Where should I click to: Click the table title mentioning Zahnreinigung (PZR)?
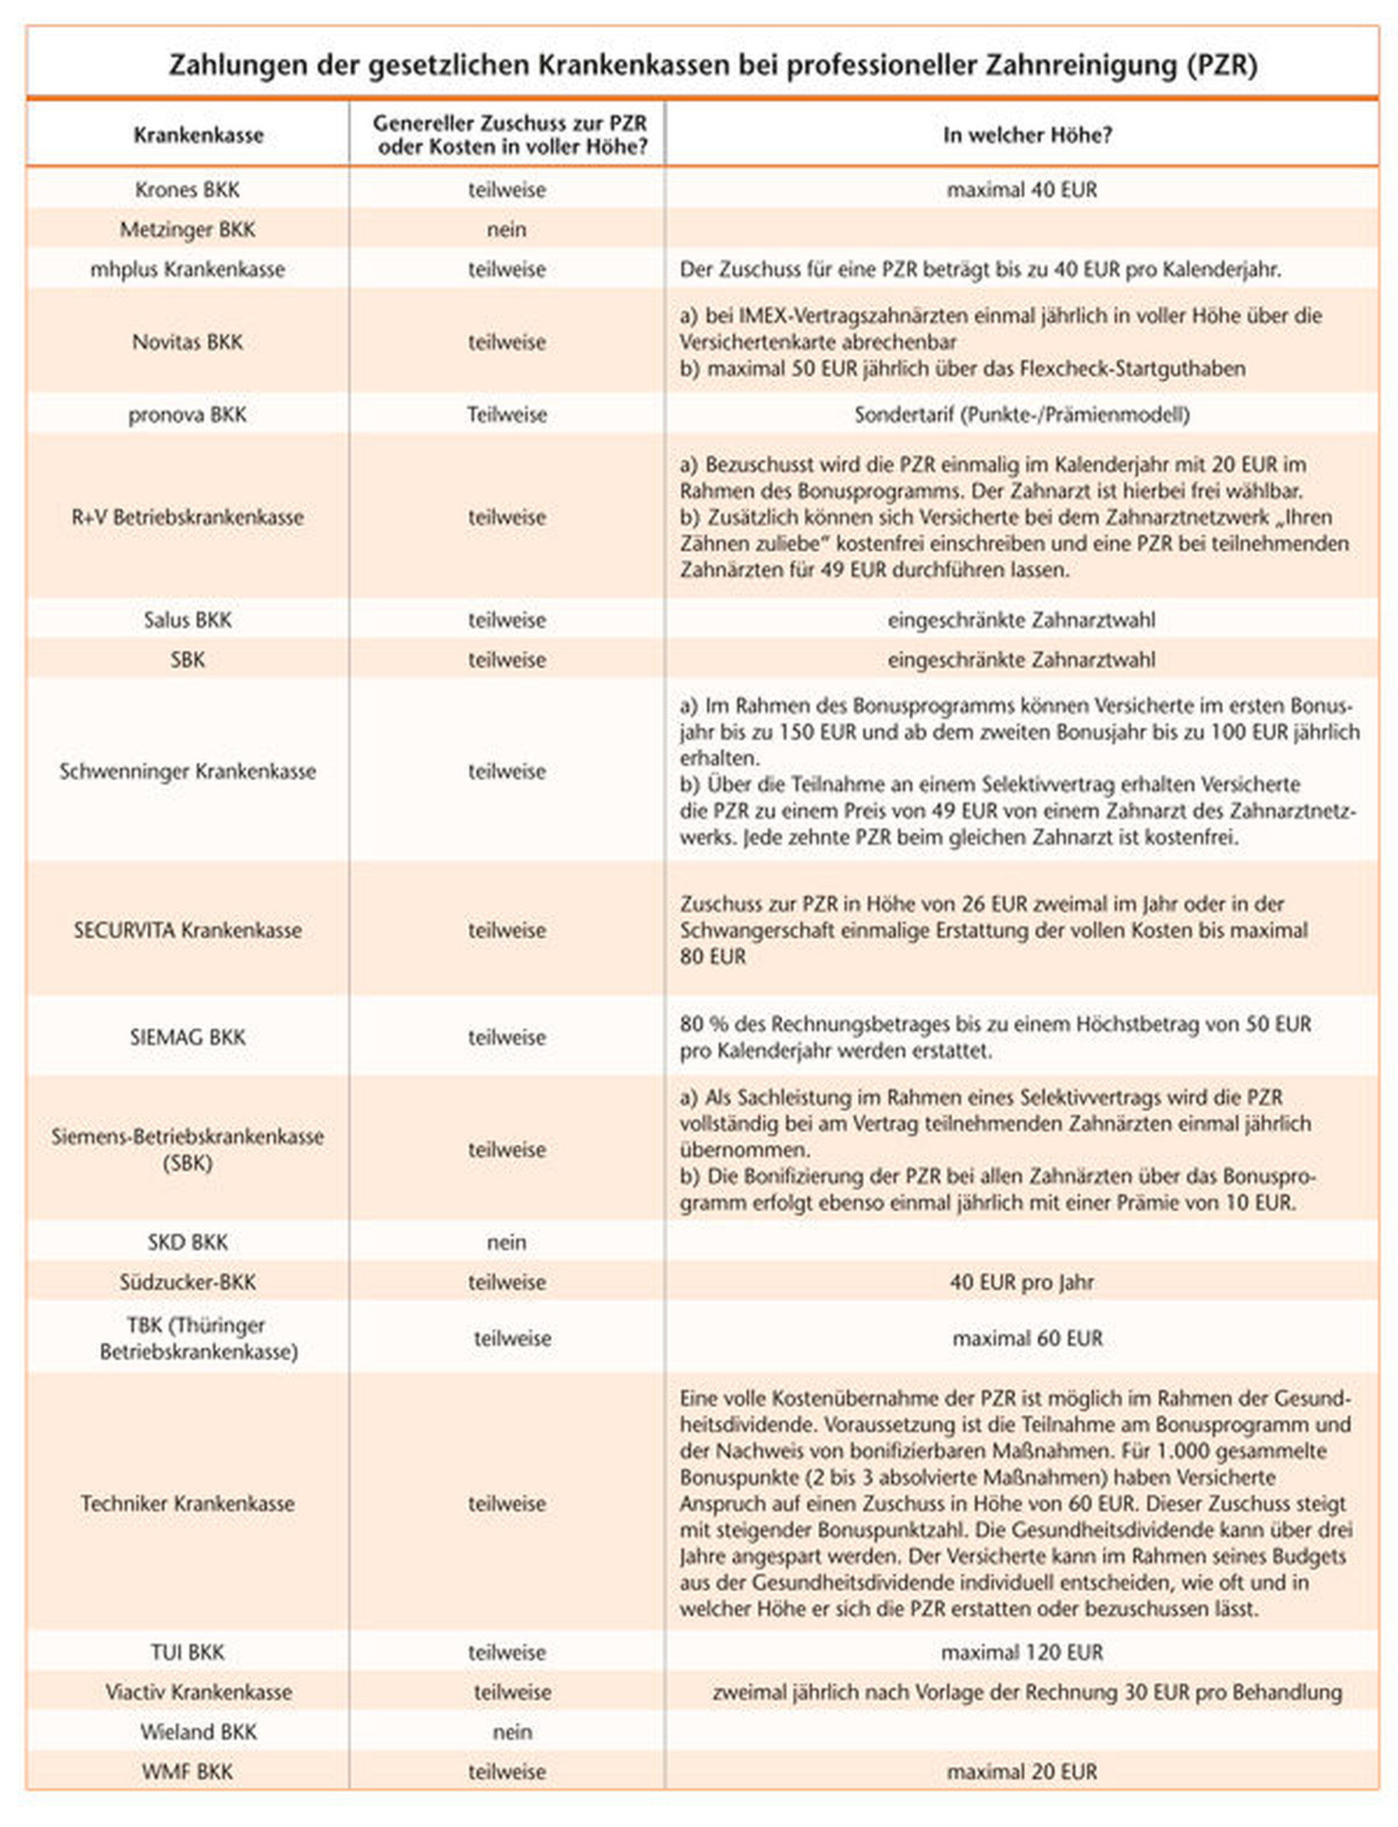click(712, 65)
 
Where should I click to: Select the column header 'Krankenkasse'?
click(198, 135)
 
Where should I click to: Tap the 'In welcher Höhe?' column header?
click(1027, 135)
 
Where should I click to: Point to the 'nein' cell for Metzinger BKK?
click(506, 230)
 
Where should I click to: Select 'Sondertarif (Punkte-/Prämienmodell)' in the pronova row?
click(1021, 414)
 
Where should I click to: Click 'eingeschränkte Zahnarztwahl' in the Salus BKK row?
click(1021, 620)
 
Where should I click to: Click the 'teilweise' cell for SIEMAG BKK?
click(506, 1037)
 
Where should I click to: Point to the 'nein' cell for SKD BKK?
click(506, 1242)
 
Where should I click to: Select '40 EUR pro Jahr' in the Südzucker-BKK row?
click(1021, 1282)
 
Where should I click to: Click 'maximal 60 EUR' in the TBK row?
click(1027, 1338)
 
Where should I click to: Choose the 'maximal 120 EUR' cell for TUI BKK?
click(1021, 1653)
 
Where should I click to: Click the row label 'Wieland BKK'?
click(198, 1731)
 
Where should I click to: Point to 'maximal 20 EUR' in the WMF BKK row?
click(1021, 1771)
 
